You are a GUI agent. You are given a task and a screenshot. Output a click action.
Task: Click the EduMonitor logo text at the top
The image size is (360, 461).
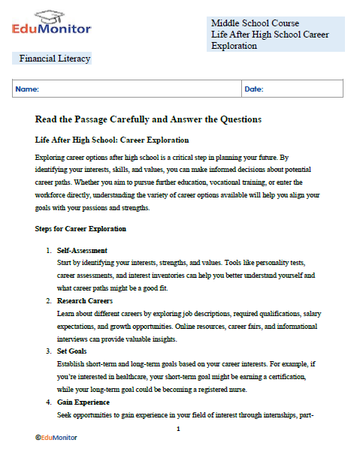click(52, 29)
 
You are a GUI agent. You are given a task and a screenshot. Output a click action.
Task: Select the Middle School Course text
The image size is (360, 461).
click(255, 23)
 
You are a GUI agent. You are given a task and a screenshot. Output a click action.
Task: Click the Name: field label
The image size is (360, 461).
click(27, 89)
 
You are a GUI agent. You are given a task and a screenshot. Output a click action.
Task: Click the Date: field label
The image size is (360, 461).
click(254, 89)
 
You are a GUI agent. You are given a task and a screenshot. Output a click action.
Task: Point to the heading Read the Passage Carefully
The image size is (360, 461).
click(148, 119)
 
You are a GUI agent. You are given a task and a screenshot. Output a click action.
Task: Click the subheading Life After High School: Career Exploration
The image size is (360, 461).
click(112, 140)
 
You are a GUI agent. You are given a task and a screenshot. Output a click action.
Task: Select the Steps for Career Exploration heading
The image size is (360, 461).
click(80, 228)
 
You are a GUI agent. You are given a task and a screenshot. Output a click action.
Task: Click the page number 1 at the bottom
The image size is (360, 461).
click(178, 429)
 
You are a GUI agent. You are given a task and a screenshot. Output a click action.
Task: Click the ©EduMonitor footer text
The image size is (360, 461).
click(56, 437)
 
